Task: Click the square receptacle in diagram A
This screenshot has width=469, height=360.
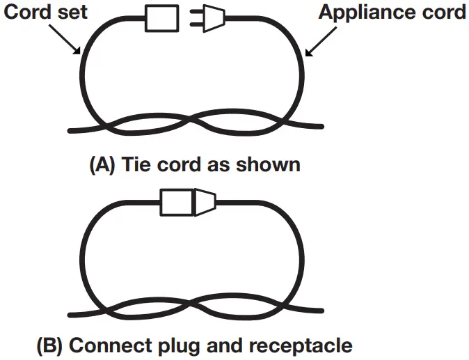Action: (x=161, y=18)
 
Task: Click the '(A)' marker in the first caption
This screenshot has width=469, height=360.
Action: (x=104, y=165)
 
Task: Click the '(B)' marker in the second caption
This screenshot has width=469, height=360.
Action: (x=51, y=345)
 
